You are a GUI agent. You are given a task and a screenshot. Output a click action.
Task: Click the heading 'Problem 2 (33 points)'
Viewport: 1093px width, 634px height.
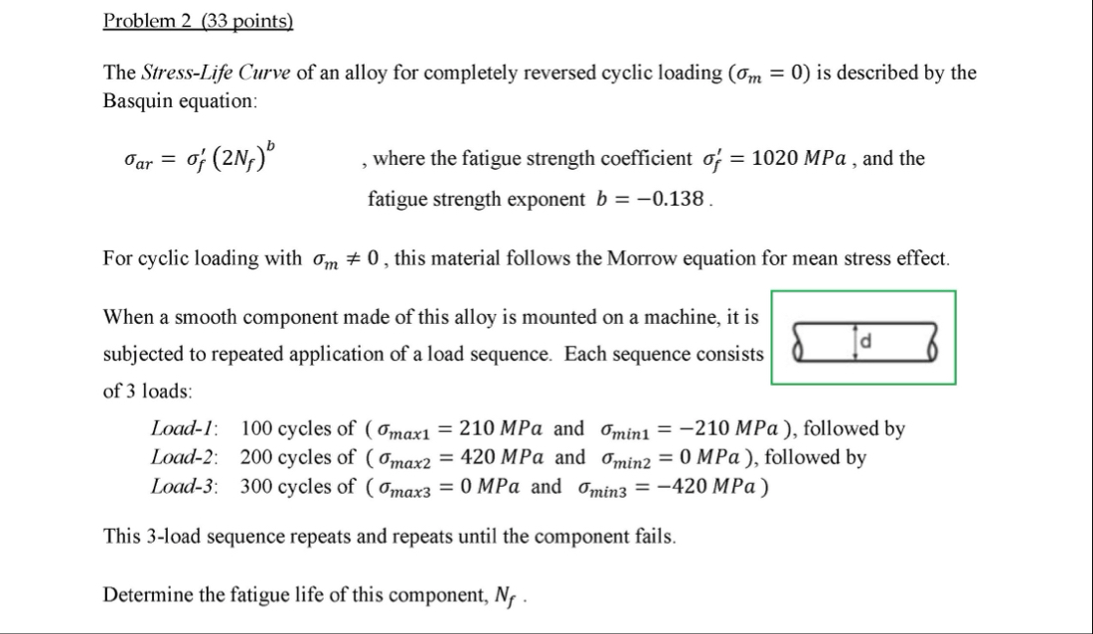coord(199,22)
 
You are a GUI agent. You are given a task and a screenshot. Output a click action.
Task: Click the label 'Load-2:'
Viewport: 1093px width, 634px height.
coord(186,458)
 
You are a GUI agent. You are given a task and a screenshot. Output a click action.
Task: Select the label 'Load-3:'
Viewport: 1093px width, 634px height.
coord(186,487)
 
